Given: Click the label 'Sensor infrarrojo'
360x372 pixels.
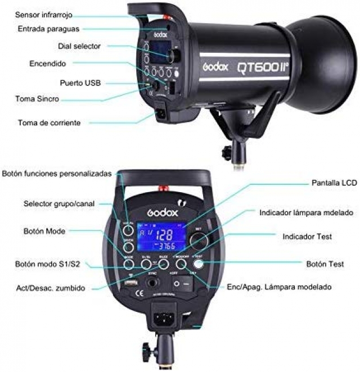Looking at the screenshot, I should [x=44, y=14].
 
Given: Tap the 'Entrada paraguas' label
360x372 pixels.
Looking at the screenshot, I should [x=48, y=28].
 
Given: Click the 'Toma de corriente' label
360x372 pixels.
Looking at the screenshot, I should [x=49, y=122].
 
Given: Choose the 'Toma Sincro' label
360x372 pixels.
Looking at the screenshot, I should [x=37, y=99].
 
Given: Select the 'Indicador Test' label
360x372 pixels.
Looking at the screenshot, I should [x=308, y=237].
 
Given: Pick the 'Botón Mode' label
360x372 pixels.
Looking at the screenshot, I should [x=44, y=231].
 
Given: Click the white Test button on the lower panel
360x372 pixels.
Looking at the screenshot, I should [x=199, y=263].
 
